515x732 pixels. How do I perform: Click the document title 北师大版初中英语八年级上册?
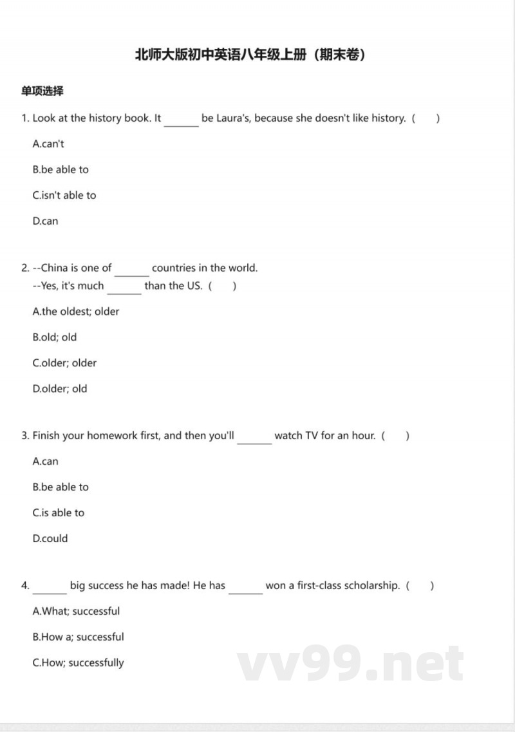tap(250, 55)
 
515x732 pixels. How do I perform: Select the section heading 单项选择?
tap(42, 91)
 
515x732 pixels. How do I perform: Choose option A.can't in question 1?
tap(48, 144)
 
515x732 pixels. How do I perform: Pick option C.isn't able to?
tap(64, 196)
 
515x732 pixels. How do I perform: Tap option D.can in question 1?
tap(45, 221)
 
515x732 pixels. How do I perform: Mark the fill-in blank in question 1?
tap(182, 120)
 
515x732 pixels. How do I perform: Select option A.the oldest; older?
tap(76, 312)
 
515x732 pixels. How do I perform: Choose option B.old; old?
tap(55, 337)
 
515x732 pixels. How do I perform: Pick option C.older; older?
tap(64, 363)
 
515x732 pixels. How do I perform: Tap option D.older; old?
tap(60, 389)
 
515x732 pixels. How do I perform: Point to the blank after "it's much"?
tap(124, 288)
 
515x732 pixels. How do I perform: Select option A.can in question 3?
tap(45, 462)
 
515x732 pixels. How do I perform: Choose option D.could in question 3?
tap(50, 539)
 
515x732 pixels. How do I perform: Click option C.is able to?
tap(59, 513)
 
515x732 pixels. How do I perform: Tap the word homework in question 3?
tap(113, 436)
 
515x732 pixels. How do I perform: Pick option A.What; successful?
tap(76, 612)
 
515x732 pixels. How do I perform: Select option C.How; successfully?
tap(78, 663)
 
